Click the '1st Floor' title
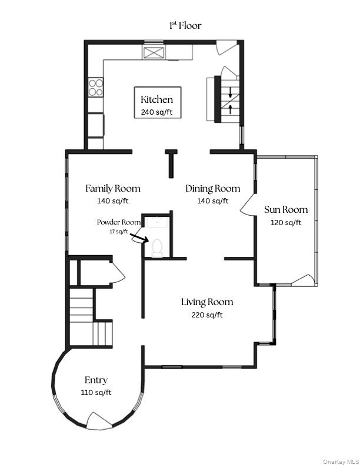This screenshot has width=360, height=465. coord(185,25)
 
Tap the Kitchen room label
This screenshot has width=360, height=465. coord(156,99)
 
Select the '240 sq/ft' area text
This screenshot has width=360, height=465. coord(156,112)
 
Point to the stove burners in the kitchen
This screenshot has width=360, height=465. coord(95,87)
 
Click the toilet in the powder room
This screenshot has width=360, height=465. coord(157,247)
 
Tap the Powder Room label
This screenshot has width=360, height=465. coord(119,222)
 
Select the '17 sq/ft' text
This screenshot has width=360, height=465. coord(118,231)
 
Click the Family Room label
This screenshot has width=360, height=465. coord(113,189)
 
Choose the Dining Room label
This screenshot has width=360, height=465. coord(212,189)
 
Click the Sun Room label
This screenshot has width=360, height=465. coord(285,210)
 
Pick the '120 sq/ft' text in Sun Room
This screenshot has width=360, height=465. coord(286,222)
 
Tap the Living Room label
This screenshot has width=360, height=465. coord(206,302)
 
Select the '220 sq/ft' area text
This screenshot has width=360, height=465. coord(206,315)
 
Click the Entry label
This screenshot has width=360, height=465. coord(96,380)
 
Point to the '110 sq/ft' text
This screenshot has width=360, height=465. coord(96,393)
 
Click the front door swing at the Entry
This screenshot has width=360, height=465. coord(96,420)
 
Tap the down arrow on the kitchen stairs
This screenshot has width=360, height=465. coord(231,93)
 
